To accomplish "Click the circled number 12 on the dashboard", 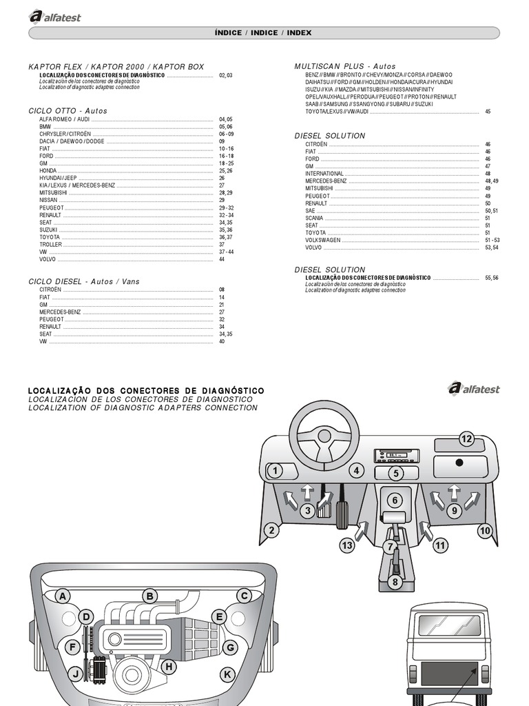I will point(467,438).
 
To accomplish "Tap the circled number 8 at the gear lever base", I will point(395,582).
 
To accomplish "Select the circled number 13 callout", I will point(347,546).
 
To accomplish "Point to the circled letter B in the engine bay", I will point(150,596).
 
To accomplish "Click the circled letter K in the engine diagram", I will point(227,674).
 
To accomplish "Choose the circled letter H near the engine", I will point(167,666).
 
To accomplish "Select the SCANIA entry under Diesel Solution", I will point(315,217).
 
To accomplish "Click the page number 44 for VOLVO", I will point(222,259).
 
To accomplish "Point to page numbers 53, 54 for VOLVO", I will point(491,247).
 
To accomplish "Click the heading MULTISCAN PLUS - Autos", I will point(345,66).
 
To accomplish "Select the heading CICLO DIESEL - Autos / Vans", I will point(83,281).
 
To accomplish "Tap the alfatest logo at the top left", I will point(54,17).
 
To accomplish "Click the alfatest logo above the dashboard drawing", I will point(473,388).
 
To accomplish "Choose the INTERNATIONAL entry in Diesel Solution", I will point(324,174).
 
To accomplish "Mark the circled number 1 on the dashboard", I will point(275,472).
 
